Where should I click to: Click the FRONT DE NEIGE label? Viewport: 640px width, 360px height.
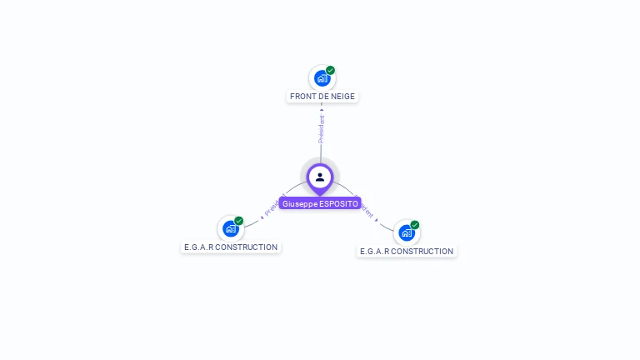pyautogui.click(x=322, y=97)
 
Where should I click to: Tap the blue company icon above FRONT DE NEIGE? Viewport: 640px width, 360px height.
pyautogui.click(x=322, y=78)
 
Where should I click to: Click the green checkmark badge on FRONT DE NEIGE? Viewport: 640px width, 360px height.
pyautogui.click(x=331, y=71)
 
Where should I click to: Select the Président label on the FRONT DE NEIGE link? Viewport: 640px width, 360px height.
pyautogui.click(x=322, y=128)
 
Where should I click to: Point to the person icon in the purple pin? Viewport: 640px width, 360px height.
pyautogui.click(x=320, y=177)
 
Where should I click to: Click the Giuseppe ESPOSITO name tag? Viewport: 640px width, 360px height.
pyautogui.click(x=320, y=203)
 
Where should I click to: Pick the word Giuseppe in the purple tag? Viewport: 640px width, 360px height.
pyautogui.click(x=300, y=203)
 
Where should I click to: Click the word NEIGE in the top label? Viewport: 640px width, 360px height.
pyautogui.click(x=342, y=97)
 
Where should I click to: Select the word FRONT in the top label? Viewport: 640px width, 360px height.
pyautogui.click(x=303, y=97)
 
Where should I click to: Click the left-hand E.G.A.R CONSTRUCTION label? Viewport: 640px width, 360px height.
pyautogui.click(x=231, y=247)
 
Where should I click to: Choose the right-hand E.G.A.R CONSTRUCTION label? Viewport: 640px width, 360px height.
pyautogui.click(x=407, y=252)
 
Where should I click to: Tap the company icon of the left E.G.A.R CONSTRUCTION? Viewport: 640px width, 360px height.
pyautogui.click(x=230, y=228)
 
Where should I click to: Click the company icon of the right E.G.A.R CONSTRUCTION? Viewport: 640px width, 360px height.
pyautogui.click(x=406, y=232)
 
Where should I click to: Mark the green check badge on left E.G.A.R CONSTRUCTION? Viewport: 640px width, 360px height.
pyautogui.click(x=239, y=221)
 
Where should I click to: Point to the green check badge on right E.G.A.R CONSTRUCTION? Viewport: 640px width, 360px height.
pyautogui.click(x=415, y=225)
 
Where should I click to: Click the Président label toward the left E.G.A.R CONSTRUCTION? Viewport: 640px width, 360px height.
pyautogui.click(x=274, y=206)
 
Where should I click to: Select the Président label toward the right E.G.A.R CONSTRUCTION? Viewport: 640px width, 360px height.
pyautogui.click(x=367, y=208)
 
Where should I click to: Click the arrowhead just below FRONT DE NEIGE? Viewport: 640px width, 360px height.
pyautogui.click(x=322, y=109)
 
